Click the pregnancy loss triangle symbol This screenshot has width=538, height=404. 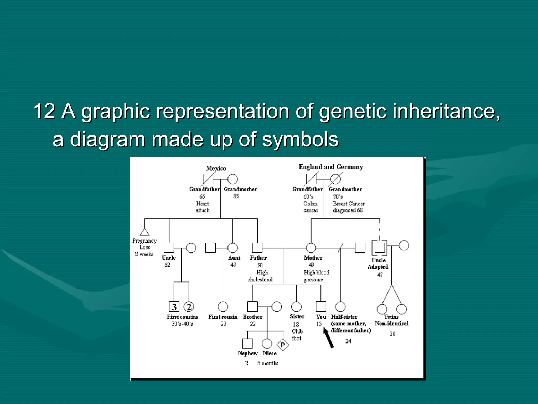[x=144, y=233]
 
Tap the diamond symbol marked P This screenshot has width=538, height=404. [x=283, y=345]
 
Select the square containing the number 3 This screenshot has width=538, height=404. [x=174, y=307]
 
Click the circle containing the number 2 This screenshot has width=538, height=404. [x=189, y=307]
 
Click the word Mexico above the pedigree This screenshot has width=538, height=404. [x=216, y=168]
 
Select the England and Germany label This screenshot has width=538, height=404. [x=331, y=167]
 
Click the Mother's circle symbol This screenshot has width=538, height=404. [x=311, y=248]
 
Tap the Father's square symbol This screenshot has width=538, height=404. [x=257, y=248]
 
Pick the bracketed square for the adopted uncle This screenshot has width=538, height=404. [x=379, y=248]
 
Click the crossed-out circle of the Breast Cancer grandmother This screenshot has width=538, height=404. [x=335, y=179]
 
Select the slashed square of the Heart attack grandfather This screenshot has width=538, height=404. [x=208, y=179]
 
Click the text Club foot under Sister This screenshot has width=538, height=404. [x=297, y=335]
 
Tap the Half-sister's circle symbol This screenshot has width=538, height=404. [x=340, y=307]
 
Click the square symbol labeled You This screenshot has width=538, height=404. [x=321, y=307]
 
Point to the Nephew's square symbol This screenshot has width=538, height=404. [x=247, y=344]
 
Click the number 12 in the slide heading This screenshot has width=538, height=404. [x=44, y=111]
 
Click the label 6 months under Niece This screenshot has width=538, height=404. [x=268, y=363]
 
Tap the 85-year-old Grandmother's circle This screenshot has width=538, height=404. [x=232, y=179]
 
